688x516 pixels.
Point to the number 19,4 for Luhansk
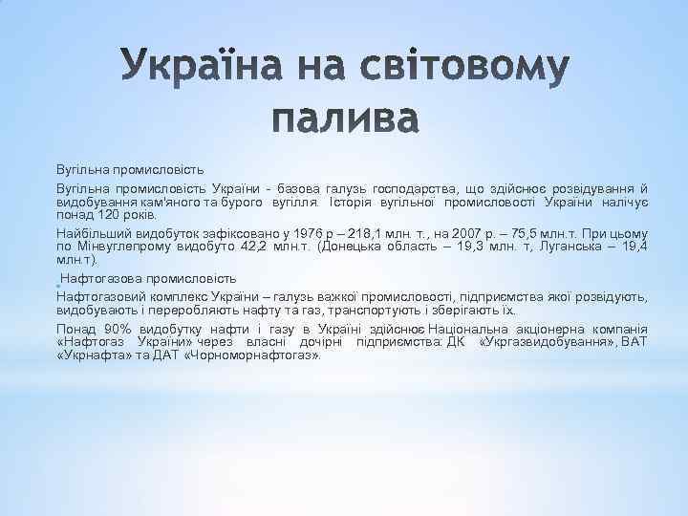634,247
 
